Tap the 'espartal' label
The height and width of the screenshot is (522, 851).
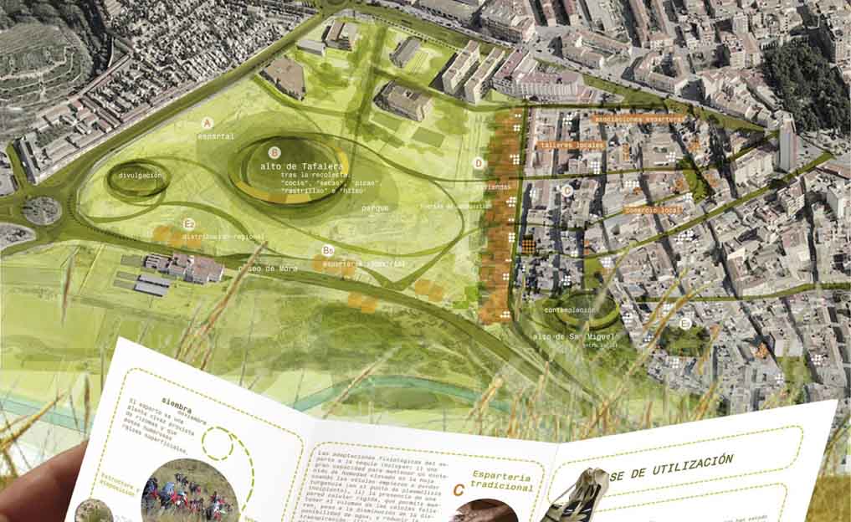[x=217, y=136]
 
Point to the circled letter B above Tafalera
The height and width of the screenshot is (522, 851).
[x=274, y=153]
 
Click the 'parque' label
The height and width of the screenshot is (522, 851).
[x=374, y=208]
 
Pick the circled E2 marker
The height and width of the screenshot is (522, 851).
[x=189, y=224]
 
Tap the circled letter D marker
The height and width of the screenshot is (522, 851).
[x=478, y=163]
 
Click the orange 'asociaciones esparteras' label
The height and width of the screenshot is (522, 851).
[x=638, y=120]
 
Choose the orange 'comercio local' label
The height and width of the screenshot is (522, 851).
[x=654, y=210]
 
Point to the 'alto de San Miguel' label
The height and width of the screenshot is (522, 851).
[x=566, y=336]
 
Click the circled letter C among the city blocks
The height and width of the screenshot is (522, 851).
[x=566, y=191]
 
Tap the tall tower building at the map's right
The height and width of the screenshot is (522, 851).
[x=787, y=145]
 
